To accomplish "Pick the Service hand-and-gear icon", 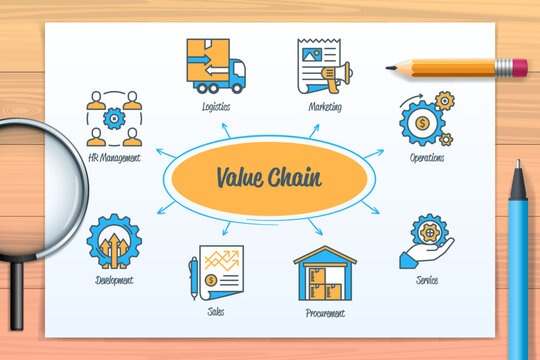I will [427, 242].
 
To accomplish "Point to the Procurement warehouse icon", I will [324, 274].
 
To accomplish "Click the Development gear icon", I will [113, 241].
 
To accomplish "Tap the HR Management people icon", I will [114, 119].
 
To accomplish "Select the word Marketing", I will [325, 105].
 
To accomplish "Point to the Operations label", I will [427, 158].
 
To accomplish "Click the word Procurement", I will [324, 313].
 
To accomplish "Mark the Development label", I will [114, 281].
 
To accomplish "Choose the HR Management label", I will [114, 158].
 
